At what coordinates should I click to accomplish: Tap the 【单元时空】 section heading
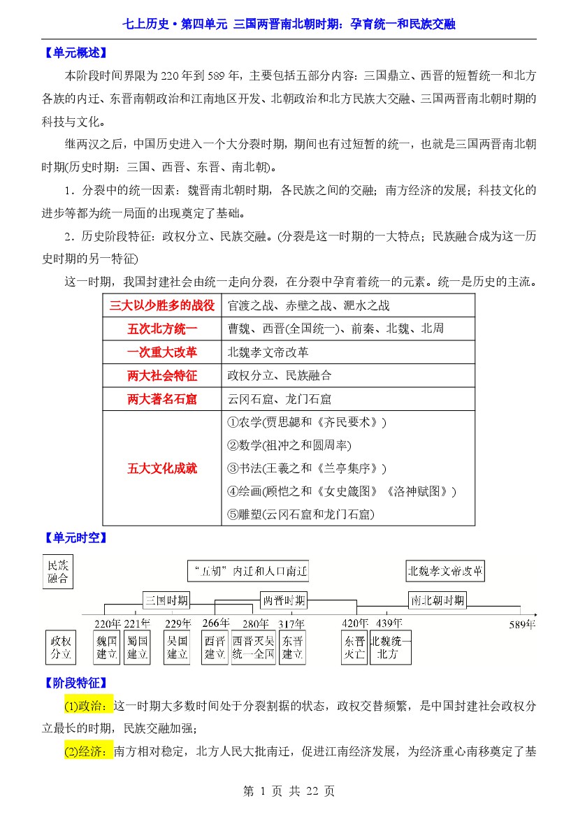[73, 538]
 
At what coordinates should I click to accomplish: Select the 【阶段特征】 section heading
[73, 683]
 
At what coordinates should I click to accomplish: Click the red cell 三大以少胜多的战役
[161, 305]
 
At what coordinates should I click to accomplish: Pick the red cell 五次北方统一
[161, 328]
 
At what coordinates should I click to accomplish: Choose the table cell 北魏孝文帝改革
[268, 352]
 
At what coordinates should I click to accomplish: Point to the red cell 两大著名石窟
[161, 399]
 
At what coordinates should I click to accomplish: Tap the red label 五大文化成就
[161, 468]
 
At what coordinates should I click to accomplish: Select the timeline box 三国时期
[166, 600]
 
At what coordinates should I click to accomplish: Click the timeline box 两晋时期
[283, 600]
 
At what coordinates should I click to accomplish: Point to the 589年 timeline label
[522, 625]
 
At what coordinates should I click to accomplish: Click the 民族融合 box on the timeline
[59, 572]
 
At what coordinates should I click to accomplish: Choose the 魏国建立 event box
[106, 647]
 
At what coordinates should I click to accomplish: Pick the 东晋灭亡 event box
[354, 647]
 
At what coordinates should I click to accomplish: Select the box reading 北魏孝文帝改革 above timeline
[445, 571]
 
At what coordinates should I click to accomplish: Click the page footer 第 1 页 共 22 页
[289, 791]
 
